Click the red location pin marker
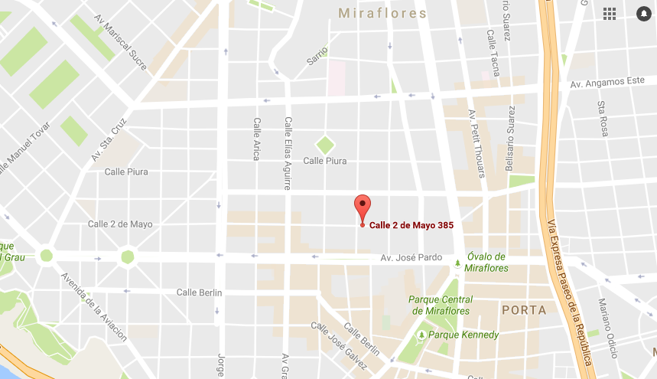pos(363,207)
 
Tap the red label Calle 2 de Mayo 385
pos(411,225)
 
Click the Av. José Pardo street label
pos(411,257)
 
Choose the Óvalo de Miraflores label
pos(486,261)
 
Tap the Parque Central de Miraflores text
pos(441,305)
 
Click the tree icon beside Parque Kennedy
pos(421,335)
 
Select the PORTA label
pos(524,310)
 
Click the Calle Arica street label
pos(257,139)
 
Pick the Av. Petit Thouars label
pos(476,143)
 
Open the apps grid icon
pos(610,14)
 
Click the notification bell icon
pos(642,14)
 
